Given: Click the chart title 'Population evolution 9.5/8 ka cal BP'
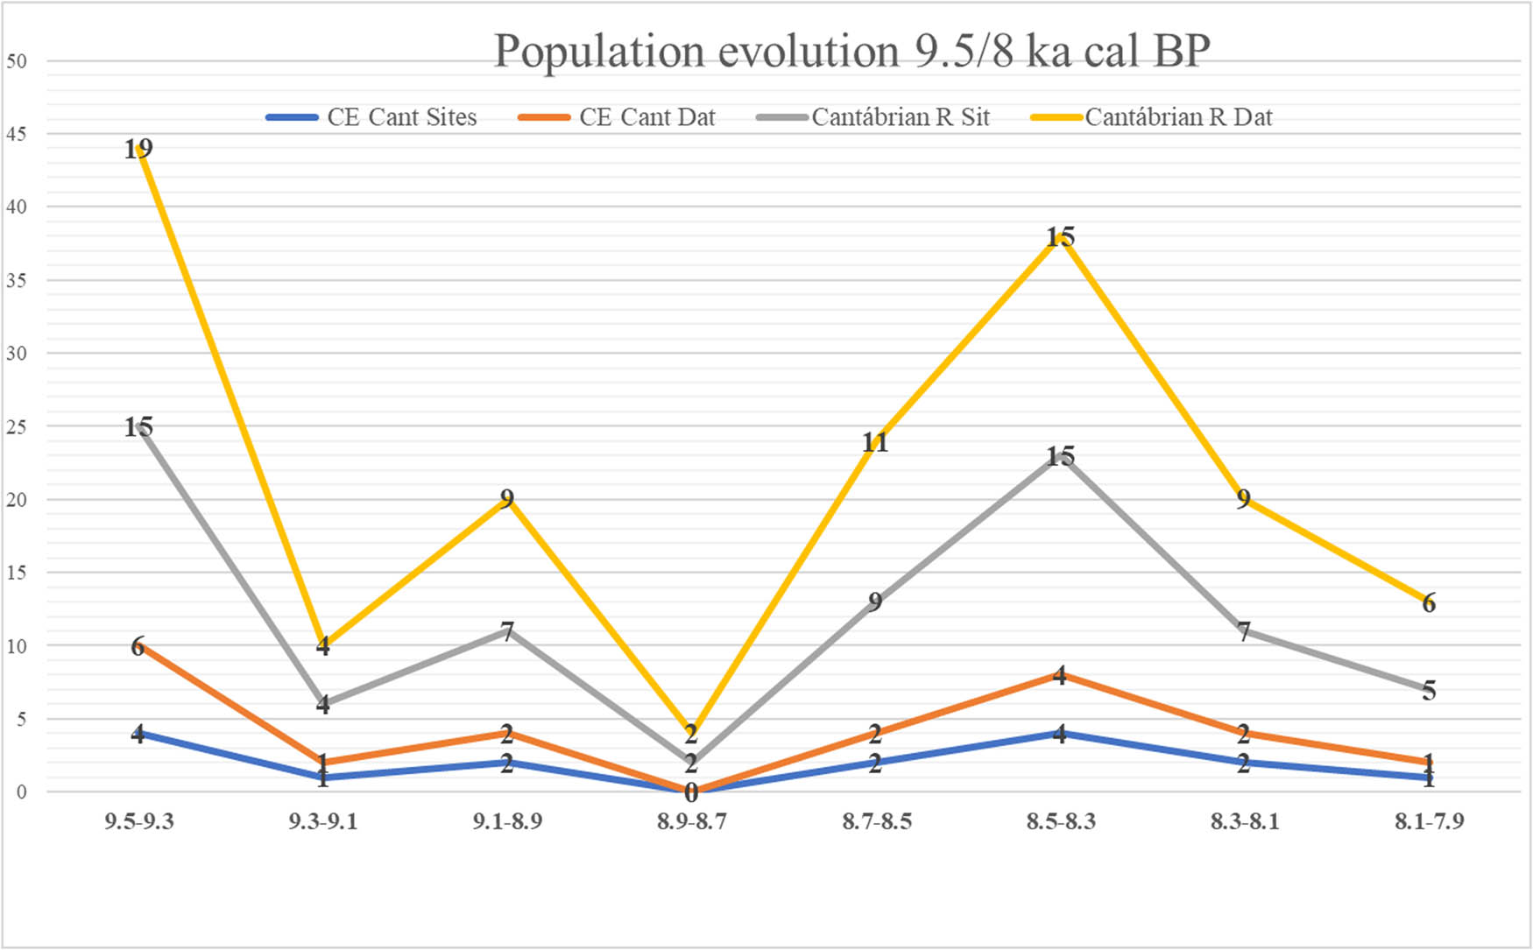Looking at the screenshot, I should (x=851, y=51).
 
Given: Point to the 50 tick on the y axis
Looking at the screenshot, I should (x=17, y=61).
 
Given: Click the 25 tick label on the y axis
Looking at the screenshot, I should (x=17, y=426).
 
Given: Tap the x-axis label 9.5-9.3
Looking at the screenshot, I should (x=139, y=821).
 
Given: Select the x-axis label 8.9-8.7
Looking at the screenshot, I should (x=692, y=821).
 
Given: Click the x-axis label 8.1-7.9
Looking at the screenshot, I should (x=1429, y=821).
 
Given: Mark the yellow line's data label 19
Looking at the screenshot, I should (x=138, y=149).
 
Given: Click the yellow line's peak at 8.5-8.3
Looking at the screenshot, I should (x=1060, y=236).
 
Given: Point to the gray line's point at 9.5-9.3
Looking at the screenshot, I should (x=139, y=426).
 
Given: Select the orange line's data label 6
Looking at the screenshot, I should (x=138, y=647).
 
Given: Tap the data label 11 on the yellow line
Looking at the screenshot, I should (x=875, y=442).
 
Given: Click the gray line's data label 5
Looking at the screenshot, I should (x=1429, y=691).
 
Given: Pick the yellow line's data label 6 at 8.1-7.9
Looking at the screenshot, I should (x=1429, y=602).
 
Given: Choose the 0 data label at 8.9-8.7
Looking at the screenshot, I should (x=691, y=793).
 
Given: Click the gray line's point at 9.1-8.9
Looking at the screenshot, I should (x=507, y=630).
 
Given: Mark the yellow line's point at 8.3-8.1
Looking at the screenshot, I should (x=1244, y=499).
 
